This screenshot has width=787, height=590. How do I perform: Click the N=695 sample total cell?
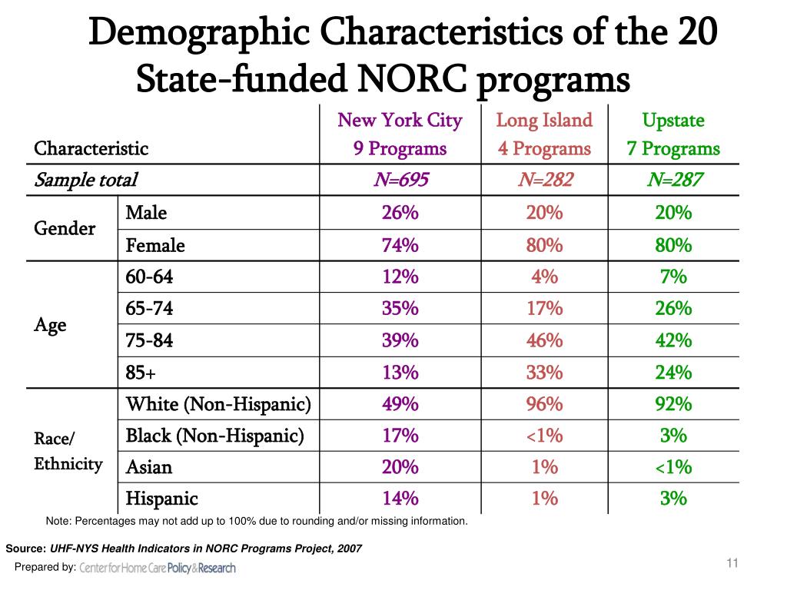click(400, 181)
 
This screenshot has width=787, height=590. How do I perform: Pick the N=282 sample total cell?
click(544, 181)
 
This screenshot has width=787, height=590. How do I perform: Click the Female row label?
click(155, 246)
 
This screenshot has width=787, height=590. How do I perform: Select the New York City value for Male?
click(400, 213)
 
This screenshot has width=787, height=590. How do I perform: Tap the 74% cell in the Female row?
click(400, 246)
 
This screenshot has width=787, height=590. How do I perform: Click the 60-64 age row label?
click(150, 277)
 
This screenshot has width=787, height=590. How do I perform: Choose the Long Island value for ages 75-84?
click(544, 340)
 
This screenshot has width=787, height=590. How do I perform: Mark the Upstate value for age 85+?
click(673, 373)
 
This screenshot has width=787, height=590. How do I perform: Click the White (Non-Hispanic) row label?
click(218, 404)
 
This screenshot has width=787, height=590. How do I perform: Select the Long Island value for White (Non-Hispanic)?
click(544, 404)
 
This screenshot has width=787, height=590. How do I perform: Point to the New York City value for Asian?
click(400, 467)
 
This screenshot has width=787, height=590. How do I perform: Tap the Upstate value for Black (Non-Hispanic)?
click(673, 436)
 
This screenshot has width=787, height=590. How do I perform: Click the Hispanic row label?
click(161, 499)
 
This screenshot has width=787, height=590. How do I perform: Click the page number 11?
click(732, 565)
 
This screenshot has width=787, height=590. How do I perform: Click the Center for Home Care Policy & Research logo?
click(158, 568)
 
